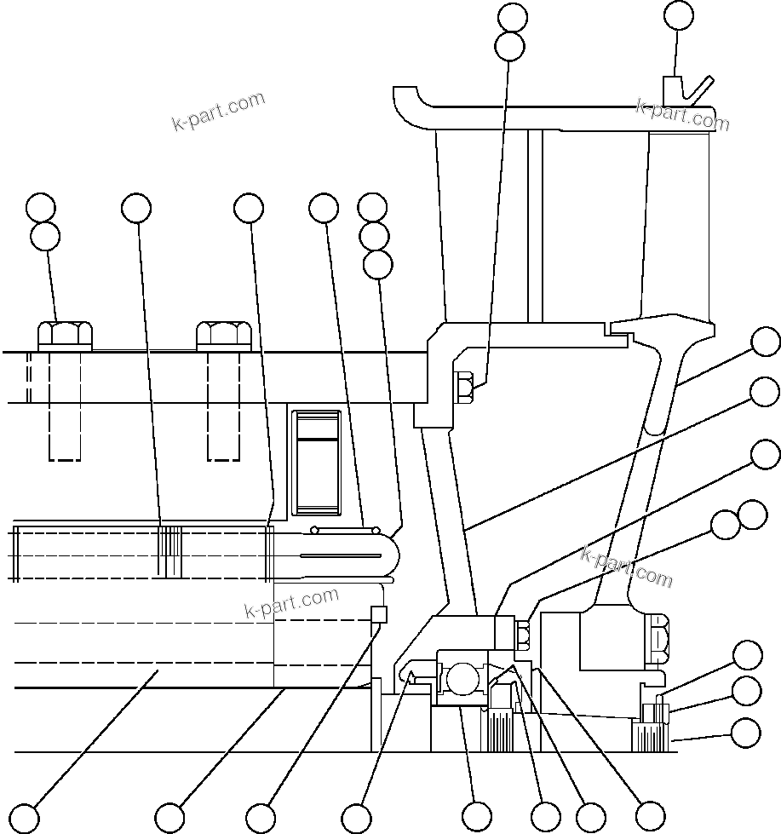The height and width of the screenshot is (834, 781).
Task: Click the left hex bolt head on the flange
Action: (x=65, y=335)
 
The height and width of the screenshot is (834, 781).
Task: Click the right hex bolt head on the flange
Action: (x=223, y=335)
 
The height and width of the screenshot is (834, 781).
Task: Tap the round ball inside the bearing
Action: (x=462, y=680)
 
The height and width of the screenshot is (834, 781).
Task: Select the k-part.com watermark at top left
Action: (x=218, y=112)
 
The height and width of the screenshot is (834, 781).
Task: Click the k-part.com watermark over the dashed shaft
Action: (x=291, y=603)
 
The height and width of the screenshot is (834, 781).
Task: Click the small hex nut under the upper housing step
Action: (x=465, y=387)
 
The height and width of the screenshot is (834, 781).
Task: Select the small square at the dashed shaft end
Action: (x=380, y=614)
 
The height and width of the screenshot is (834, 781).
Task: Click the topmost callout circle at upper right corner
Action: (x=679, y=15)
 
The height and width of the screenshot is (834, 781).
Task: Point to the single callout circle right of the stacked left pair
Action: (x=136, y=207)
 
